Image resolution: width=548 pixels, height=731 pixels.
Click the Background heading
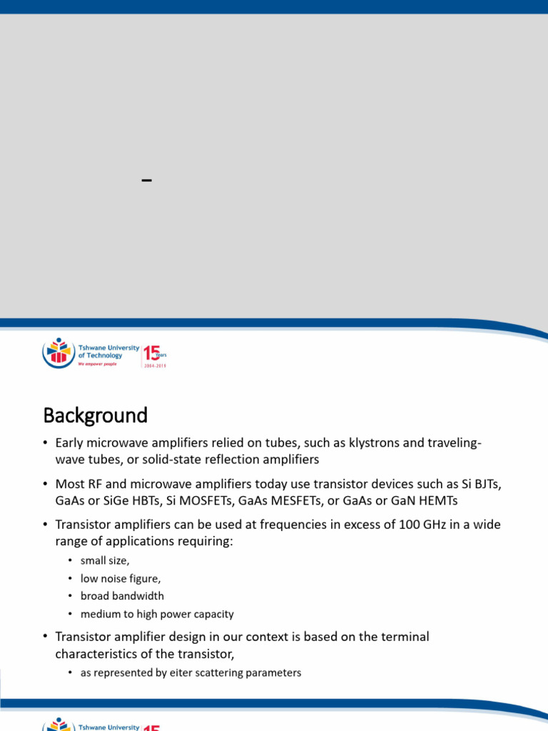click(95, 415)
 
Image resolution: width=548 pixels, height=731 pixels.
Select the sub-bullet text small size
click(105, 561)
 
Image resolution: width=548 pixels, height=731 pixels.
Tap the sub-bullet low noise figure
click(115, 579)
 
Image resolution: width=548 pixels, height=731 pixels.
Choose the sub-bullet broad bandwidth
click(122, 596)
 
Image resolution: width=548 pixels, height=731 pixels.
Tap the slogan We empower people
click(97, 363)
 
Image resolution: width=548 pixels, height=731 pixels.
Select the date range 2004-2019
click(155, 365)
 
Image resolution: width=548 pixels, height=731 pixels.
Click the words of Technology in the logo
click(100, 356)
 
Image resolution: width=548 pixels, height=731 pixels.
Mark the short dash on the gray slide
click(147, 180)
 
